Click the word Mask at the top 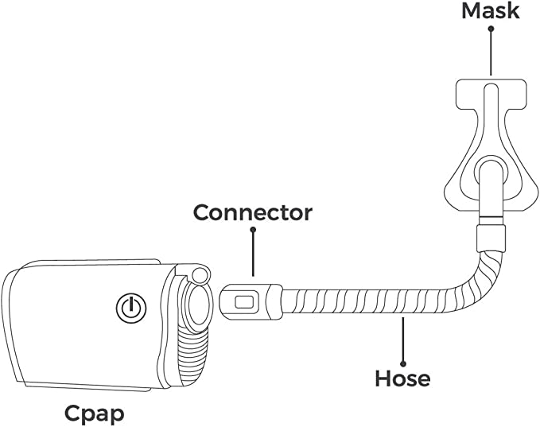[x=491, y=11]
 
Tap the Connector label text [x=253, y=212]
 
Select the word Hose [x=402, y=378]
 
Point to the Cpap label [x=95, y=413]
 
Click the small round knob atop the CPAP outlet [x=199, y=274]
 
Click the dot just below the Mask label [x=491, y=29]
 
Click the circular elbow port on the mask [x=488, y=177]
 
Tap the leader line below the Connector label [x=253, y=254]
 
